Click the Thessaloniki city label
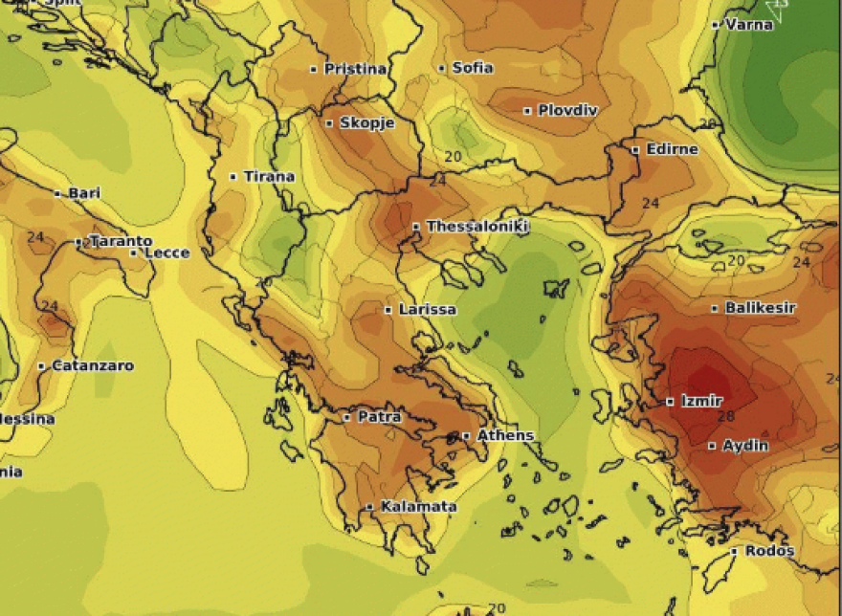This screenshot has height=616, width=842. click(476, 227)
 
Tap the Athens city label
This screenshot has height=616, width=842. click(504, 436)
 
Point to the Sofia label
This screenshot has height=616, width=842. click(472, 68)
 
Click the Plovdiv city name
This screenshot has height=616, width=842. click(567, 111)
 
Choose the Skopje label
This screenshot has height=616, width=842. click(366, 123)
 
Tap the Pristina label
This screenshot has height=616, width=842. click(355, 69)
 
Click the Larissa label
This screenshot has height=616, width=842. click(427, 310)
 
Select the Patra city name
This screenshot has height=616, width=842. click(379, 417)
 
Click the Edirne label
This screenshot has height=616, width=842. click(672, 150)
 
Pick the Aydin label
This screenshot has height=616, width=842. click(744, 446)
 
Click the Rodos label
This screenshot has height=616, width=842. click(768, 551)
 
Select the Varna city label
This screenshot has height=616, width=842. click(748, 25)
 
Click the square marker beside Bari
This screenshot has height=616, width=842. click(58, 193)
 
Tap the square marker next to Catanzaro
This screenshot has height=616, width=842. click(42, 366)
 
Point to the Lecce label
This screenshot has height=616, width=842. click(166, 253)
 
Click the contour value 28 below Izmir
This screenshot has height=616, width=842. click(724, 417)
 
